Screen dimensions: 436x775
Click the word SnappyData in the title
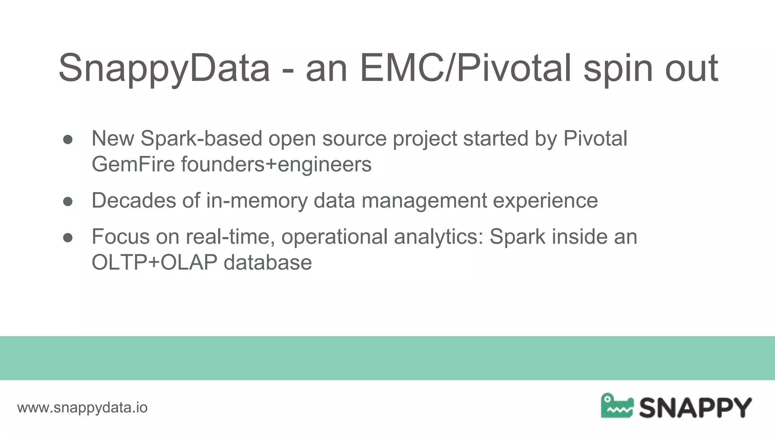click(164, 68)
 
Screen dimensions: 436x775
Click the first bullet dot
click(68, 140)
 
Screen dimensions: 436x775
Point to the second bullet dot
click(68, 202)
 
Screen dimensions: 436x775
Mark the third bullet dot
click(68, 238)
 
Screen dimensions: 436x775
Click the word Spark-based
click(201, 139)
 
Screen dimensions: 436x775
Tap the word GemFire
click(133, 164)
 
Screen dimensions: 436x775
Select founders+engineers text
click(276, 164)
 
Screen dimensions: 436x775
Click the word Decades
click(134, 200)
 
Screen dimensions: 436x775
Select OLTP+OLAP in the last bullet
click(154, 262)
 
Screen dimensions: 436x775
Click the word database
click(268, 262)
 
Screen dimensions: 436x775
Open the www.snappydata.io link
click(82, 408)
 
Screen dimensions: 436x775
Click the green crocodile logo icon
click(616, 406)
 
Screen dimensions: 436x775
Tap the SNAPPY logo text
click(695, 408)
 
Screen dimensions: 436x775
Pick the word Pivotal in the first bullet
click(595, 139)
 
